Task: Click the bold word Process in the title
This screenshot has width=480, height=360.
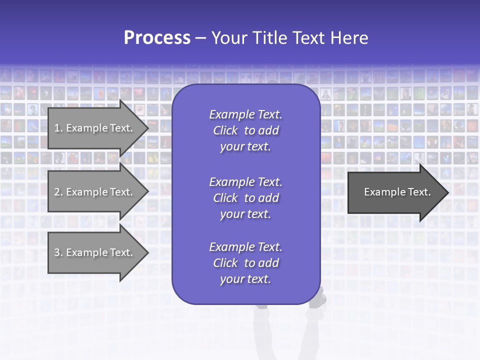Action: [x=157, y=38]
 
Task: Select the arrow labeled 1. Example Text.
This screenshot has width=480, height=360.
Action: [x=95, y=128]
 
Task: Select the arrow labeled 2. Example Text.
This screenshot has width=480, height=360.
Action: [x=95, y=192]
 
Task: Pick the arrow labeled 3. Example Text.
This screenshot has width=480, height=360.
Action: [x=95, y=252]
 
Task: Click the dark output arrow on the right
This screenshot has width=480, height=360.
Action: [x=395, y=192]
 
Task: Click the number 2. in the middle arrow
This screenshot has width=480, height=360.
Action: [x=58, y=192]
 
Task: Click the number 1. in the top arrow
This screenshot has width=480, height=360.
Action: [x=58, y=128]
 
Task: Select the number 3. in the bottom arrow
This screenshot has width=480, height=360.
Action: [x=58, y=252]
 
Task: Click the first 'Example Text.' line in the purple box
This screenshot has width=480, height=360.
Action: [x=245, y=114]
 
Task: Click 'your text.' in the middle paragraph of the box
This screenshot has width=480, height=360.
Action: [x=245, y=214]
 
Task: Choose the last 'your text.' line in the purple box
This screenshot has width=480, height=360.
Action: [x=245, y=279]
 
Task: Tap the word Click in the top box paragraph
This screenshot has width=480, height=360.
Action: [x=225, y=130]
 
